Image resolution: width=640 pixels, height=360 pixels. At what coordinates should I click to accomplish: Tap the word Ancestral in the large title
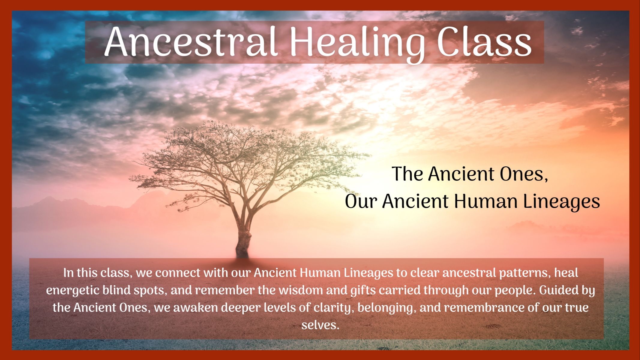(x=191, y=42)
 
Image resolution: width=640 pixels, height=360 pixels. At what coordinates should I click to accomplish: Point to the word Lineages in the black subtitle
(x=561, y=202)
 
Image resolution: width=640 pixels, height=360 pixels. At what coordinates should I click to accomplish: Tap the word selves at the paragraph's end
(x=320, y=325)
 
